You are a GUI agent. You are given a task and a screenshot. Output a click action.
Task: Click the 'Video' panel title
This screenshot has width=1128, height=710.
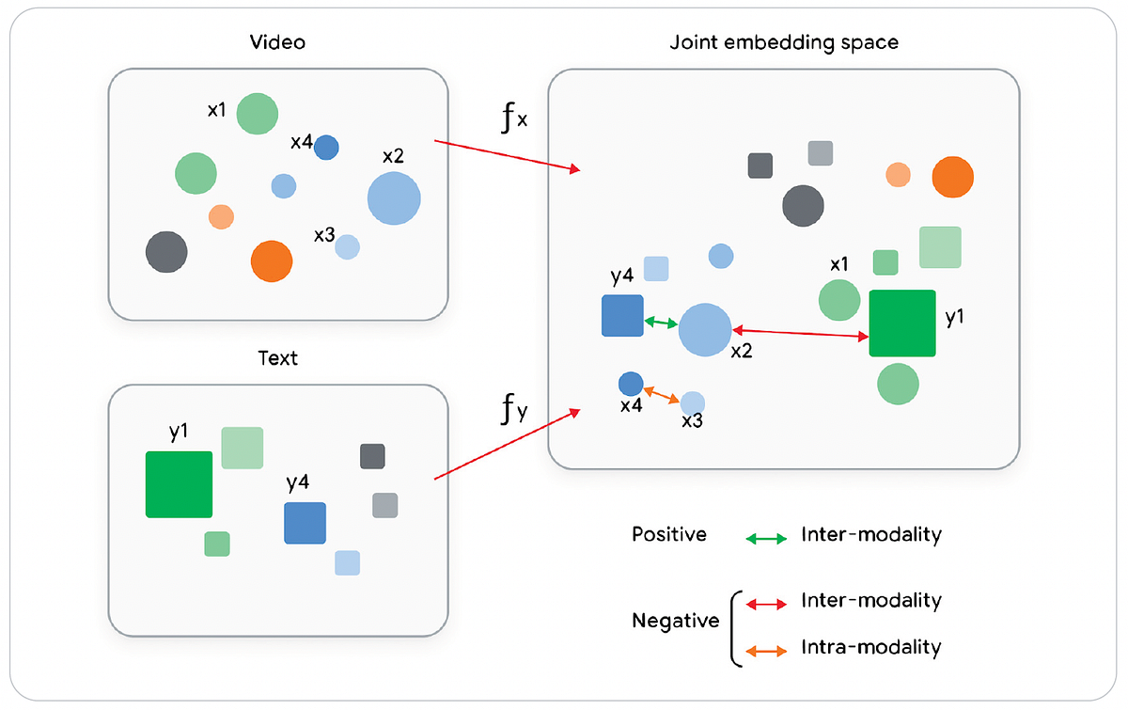coord(277,42)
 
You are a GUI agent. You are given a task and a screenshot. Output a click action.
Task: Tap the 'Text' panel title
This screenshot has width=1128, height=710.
coord(277,358)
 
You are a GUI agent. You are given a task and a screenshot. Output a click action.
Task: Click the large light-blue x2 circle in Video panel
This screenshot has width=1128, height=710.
coord(394,198)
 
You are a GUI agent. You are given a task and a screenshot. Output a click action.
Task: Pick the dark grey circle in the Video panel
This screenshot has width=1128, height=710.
coord(166,252)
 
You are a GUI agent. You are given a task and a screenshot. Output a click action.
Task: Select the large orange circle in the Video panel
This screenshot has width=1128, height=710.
coord(272,260)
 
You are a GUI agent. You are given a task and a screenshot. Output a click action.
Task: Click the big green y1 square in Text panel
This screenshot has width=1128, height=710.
coord(179,484)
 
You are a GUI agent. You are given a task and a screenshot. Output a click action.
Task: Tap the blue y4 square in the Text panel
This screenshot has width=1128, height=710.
coord(305,523)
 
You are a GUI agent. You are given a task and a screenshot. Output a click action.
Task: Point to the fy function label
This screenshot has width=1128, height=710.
coord(512,410)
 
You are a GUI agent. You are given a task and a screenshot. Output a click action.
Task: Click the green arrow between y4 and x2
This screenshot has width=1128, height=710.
coord(661,323)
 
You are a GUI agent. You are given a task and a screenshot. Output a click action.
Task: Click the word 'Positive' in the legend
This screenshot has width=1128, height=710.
coord(669,534)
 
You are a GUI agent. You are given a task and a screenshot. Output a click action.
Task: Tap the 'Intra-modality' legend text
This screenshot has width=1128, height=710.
coord(870,647)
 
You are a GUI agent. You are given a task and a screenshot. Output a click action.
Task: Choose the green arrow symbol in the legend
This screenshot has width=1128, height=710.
coord(765,539)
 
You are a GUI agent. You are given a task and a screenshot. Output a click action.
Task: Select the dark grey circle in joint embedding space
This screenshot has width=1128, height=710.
coord(803,205)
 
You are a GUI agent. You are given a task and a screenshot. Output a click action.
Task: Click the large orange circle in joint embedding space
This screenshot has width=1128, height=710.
coord(952,178)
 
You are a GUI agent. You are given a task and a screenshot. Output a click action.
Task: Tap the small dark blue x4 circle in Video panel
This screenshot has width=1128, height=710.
coord(326,148)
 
